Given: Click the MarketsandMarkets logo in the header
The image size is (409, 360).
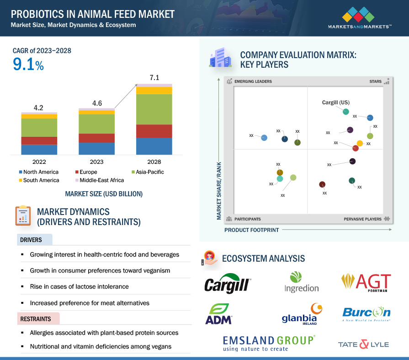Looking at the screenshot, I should click(359, 18).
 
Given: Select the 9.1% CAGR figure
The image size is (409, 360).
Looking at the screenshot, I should click(28, 65).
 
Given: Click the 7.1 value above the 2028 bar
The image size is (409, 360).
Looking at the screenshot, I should click(154, 78).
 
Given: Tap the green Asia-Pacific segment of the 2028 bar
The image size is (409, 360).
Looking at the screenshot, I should click(154, 109).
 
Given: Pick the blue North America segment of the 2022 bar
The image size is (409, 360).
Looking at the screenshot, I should click(39, 150).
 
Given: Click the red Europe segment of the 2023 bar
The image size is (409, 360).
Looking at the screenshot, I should click(97, 138).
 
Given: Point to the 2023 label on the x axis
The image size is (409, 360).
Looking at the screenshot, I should click(97, 162).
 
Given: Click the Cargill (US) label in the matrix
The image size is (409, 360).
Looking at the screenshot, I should click(336, 102).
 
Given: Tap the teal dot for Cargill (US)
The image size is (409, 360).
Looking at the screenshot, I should click(346, 112).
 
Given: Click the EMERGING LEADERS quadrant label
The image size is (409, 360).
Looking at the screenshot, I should click(253, 81).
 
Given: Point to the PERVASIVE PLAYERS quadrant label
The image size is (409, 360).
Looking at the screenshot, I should click(362, 219).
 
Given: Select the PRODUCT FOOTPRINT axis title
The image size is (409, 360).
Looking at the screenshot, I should click(251, 230).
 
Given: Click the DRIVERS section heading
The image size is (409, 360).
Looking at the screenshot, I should click(31, 240).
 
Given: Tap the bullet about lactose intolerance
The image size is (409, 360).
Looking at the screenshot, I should click(79, 286).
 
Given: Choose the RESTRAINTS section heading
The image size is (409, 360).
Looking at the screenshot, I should click(36, 318).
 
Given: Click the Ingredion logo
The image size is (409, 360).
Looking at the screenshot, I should click(301, 282).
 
